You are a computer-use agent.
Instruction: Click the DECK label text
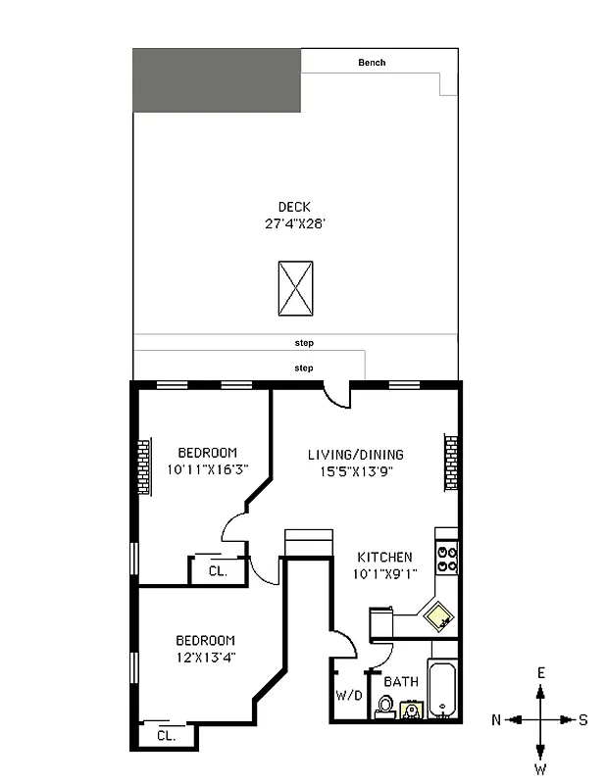[x=294, y=207]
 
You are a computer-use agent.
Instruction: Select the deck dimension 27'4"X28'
[x=294, y=223]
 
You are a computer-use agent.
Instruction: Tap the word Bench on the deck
[x=372, y=63]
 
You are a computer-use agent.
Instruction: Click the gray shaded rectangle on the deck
[x=217, y=78]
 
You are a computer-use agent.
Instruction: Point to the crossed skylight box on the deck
[x=295, y=288]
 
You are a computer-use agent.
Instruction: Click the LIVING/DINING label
[x=355, y=455]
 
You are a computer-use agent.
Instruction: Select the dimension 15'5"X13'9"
[x=355, y=470]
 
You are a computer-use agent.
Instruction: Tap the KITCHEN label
[x=383, y=558]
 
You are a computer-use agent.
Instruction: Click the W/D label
[x=349, y=697]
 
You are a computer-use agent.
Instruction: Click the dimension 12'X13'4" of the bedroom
[x=205, y=657]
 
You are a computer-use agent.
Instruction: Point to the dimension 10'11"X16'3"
[x=207, y=469]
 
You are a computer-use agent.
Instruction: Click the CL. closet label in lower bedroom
[x=166, y=735]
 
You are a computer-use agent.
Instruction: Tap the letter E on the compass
[x=540, y=672]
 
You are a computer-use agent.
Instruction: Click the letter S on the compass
[x=583, y=719]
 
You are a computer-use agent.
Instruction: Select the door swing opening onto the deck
[x=337, y=395]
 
